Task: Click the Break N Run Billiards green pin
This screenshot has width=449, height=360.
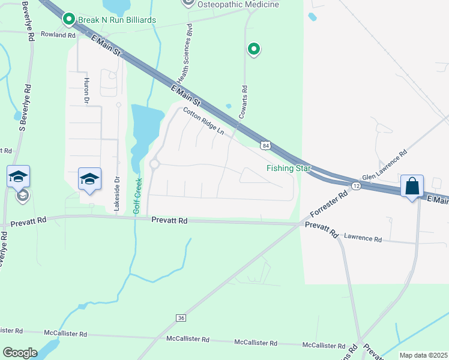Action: point(68,20)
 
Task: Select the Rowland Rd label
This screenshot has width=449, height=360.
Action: point(58,35)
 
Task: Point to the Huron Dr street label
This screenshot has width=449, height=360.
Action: point(86,90)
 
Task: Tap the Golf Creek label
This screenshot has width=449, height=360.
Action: point(137,196)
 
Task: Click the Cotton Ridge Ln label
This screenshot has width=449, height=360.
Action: point(203,121)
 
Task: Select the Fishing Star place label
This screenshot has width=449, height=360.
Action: point(289,169)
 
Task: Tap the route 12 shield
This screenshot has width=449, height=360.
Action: point(356,187)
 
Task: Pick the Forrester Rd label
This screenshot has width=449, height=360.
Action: point(329,205)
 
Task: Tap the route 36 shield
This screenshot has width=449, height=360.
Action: point(180,317)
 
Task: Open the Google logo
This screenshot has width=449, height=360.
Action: point(20,353)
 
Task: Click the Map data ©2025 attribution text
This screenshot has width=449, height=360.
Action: point(423,355)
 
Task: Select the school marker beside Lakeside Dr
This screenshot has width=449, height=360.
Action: point(90,179)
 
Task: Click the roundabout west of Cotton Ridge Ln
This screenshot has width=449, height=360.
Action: point(154,164)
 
